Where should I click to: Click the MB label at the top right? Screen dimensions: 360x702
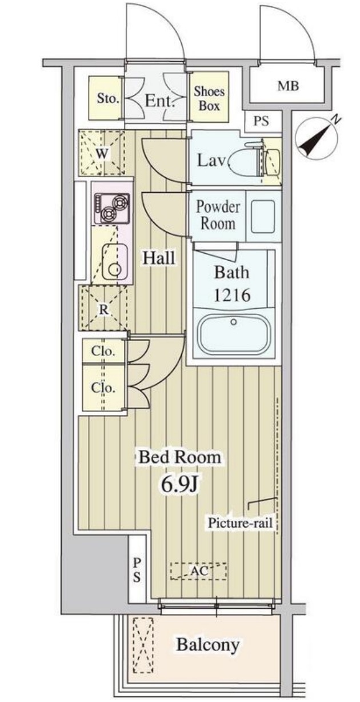[x=288, y=86]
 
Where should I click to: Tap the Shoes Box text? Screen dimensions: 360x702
[x=209, y=98]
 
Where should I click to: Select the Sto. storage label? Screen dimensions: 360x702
[x=108, y=99]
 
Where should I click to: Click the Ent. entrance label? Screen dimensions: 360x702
[x=159, y=101]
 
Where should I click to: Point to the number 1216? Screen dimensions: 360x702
[x=232, y=295]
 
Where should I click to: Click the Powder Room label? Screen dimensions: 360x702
[x=218, y=216]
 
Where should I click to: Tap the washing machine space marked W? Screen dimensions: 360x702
[x=102, y=153]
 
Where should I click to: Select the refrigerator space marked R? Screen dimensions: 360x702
[x=103, y=309]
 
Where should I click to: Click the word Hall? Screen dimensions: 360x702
[x=159, y=258]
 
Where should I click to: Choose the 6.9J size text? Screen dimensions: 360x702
[x=180, y=485]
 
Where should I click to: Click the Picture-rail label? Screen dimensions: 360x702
[x=241, y=523]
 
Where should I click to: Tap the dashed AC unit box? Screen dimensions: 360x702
[x=198, y=571]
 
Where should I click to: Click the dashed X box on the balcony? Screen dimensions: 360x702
[x=143, y=645]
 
